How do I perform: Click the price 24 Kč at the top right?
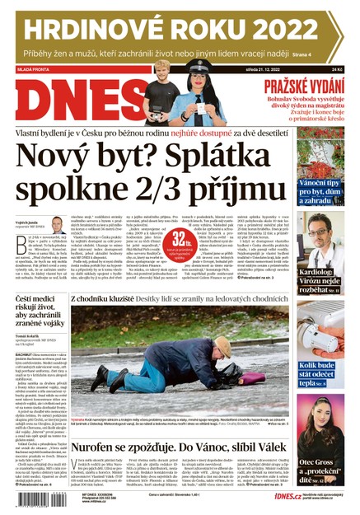337,71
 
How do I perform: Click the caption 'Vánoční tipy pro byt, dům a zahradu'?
317,191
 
